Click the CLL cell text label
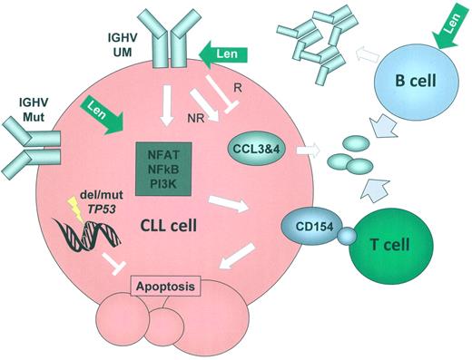pos(176,222)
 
